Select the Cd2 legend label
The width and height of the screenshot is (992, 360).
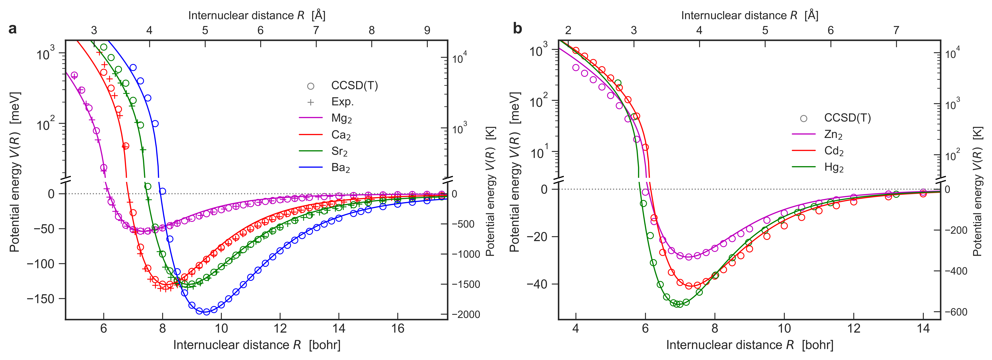click(834, 151)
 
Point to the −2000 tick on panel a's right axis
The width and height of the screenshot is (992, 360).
click(466, 315)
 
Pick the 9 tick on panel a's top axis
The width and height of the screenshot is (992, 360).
click(427, 30)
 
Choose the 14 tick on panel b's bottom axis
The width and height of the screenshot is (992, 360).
click(923, 328)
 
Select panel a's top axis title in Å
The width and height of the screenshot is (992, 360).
click(257, 15)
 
